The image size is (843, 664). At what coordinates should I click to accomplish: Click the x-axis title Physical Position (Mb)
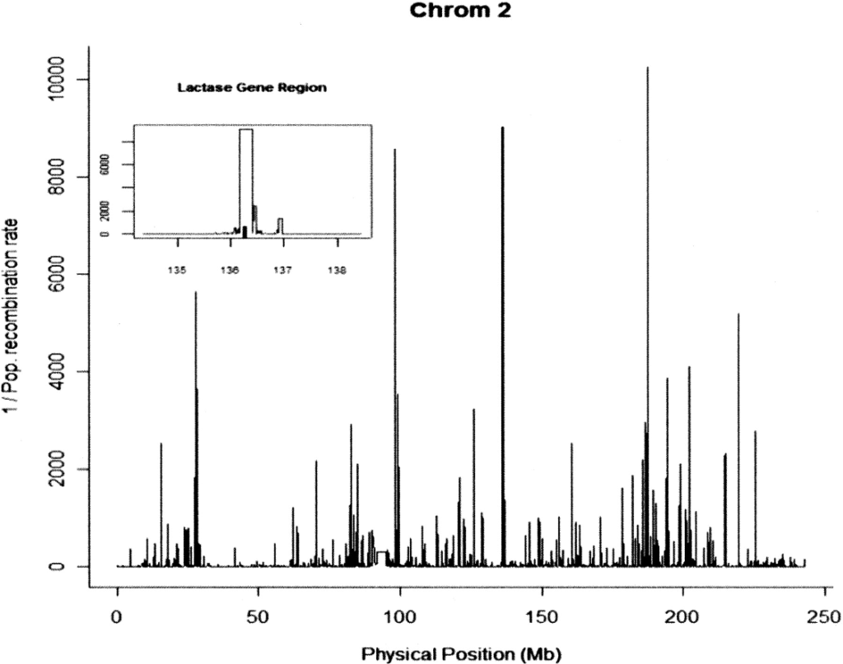point(461,655)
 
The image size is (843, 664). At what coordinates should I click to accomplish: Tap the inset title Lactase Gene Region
point(252,87)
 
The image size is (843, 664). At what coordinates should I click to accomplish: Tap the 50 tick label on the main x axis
point(258,616)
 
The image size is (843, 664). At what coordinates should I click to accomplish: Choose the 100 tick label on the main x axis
point(400,616)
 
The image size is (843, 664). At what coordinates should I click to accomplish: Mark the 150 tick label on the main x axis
point(541,616)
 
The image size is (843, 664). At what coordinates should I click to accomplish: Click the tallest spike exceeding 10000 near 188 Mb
point(648,247)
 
